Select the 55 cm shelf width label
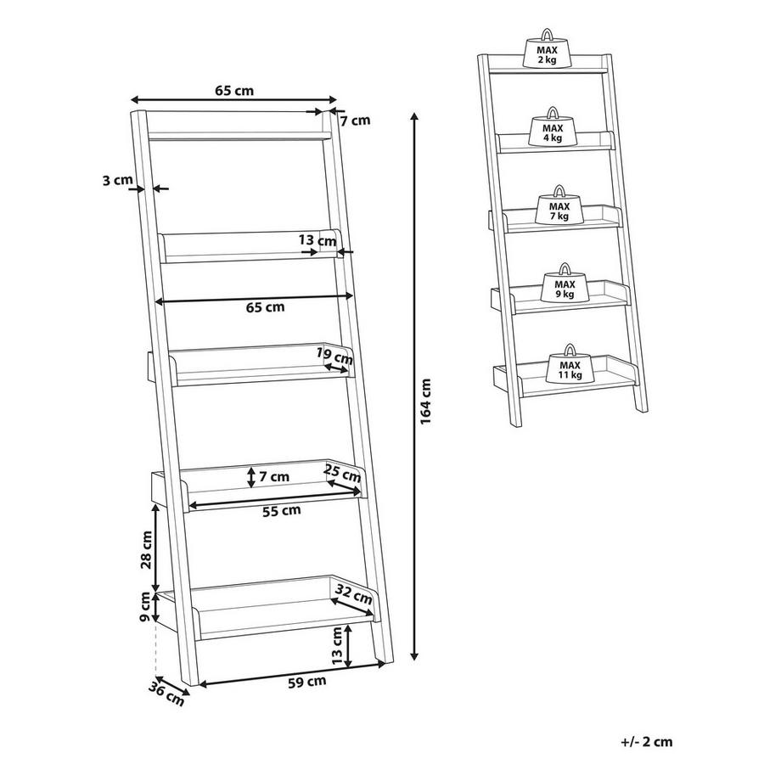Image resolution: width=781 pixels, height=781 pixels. click(x=280, y=510)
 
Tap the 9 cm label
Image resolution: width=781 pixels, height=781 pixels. click(x=145, y=606)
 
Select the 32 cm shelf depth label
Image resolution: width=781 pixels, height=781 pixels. click(x=354, y=593)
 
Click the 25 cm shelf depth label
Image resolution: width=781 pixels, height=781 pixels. click(x=343, y=475)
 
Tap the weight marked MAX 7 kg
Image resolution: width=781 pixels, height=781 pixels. click(x=559, y=208)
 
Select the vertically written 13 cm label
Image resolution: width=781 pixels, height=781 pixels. click(x=337, y=645)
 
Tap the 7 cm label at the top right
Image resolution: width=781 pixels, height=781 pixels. click(x=355, y=121)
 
